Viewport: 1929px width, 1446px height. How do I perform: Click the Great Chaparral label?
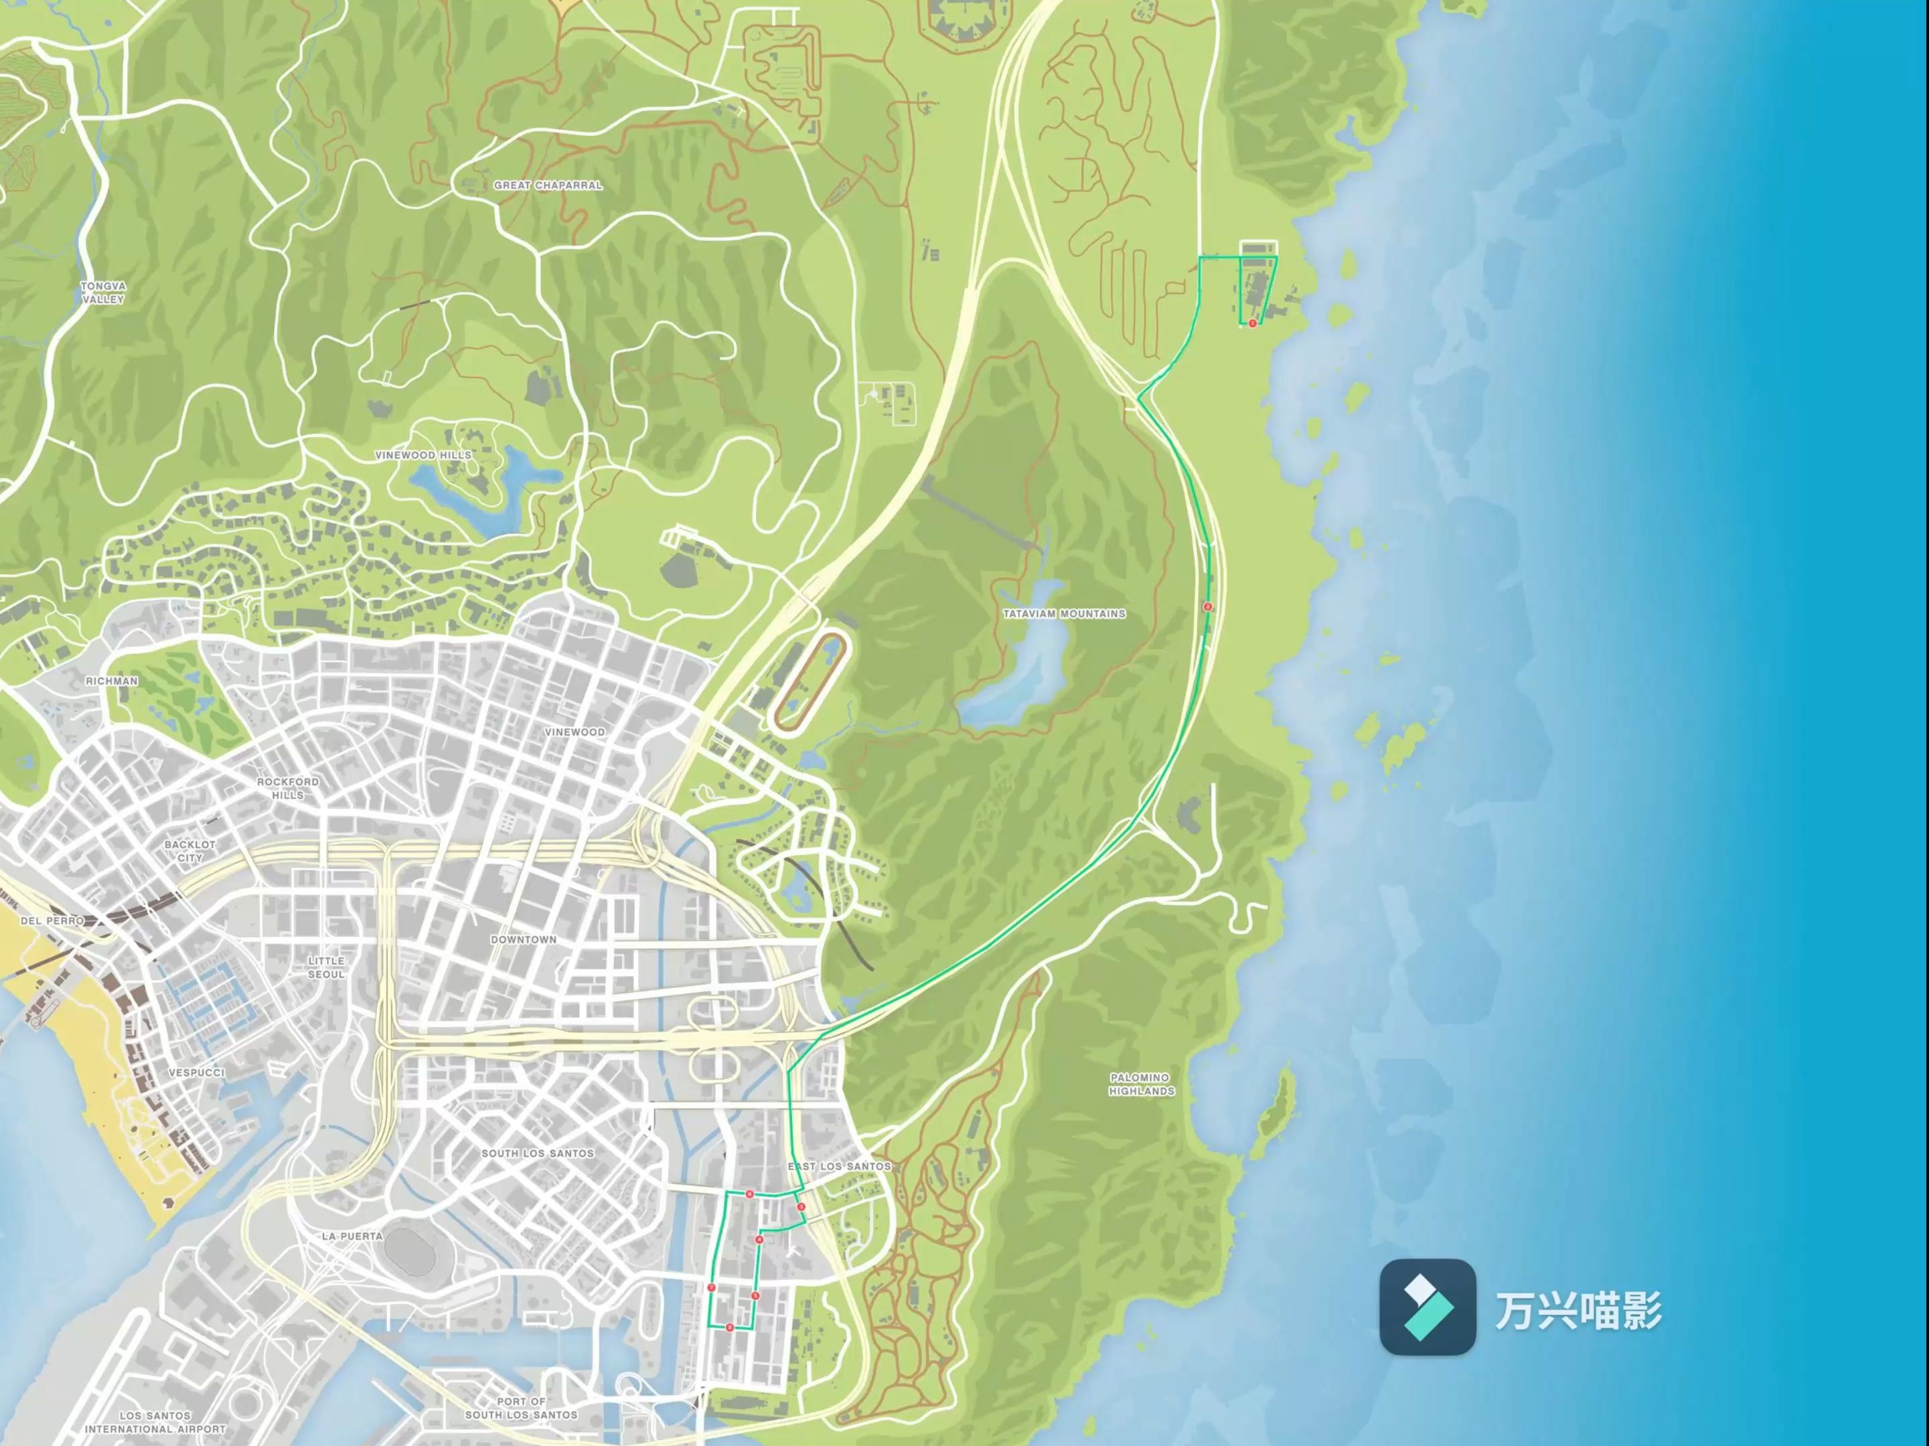[548, 185]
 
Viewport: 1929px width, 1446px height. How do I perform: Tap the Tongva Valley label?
[103, 292]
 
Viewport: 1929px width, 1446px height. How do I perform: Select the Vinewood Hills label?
[423, 455]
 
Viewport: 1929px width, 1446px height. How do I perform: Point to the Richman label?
[112, 680]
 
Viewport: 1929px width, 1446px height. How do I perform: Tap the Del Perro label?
[52, 920]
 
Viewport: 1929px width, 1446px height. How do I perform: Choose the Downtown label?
[523, 939]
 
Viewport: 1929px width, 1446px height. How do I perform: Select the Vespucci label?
[196, 1072]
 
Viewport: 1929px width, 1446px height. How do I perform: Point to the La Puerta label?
[352, 1236]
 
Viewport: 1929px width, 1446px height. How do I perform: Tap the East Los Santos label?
[839, 1166]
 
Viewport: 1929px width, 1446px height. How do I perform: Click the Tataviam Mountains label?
[1064, 614]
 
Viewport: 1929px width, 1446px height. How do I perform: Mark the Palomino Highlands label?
[1142, 1084]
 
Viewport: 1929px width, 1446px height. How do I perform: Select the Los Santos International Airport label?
[155, 1423]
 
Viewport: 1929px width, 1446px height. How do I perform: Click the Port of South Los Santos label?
[522, 1408]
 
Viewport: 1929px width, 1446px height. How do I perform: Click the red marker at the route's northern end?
[1252, 323]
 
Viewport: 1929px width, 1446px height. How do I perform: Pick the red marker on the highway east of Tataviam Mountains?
[1208, 606]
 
